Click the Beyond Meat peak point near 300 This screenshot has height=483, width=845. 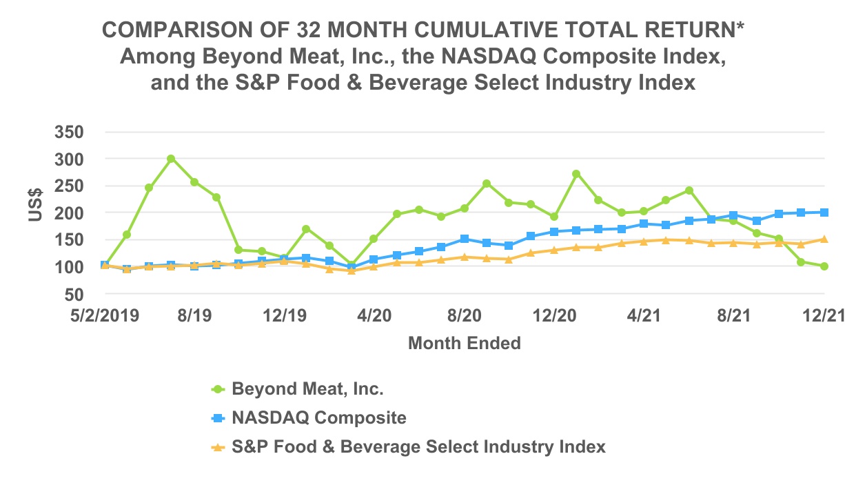[x=171, y=159]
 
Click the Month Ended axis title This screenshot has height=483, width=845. [x=465, y=342]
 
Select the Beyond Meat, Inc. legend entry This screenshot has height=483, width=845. [x=307, y=388]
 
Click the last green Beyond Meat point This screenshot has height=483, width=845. [x=824, y=266]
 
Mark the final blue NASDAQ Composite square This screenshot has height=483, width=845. [x=824, y=213]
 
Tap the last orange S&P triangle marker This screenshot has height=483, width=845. [x=824, y=239]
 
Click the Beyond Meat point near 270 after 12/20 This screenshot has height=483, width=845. [x=576, y=174]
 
